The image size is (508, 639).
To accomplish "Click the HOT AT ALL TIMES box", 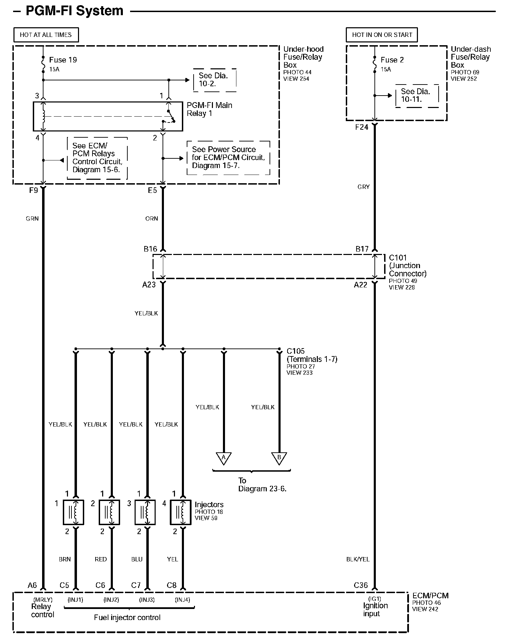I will coord(46,35).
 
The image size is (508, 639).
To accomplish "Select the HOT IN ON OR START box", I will coord(382,35).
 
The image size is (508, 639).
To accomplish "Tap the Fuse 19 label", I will coord(63,60).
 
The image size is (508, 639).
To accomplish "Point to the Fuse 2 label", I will coord(392,60).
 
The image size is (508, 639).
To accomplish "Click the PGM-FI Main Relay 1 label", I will coord(209,109).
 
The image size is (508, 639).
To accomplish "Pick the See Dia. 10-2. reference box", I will coord(214,80).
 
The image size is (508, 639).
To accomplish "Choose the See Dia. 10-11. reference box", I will coord(417,96).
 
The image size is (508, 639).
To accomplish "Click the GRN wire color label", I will coord(32,219).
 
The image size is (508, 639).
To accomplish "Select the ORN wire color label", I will coord(152,219).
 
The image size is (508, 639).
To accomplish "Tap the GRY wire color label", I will coord(363,187).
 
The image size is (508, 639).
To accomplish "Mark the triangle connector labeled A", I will coord(223,458).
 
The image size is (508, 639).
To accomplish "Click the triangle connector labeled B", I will coord(279,458).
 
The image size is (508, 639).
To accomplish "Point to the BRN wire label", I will coord(65,559).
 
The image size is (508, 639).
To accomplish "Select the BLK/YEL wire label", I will coord(358,559).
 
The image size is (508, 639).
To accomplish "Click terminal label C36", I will coord(361,585).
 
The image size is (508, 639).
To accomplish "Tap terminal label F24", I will coord(362,127).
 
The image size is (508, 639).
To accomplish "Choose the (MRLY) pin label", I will coord(43,600).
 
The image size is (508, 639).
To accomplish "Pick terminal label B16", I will coord(150,249).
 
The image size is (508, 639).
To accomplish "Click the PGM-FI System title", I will coord(75,11).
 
